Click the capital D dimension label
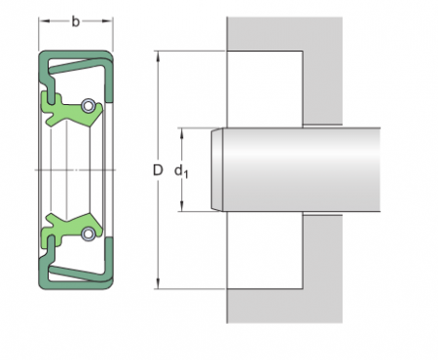[157, 170]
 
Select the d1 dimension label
[180, 171]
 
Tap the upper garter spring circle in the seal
[89, 106]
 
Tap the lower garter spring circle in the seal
[89, 233]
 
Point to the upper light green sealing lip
[60, 105]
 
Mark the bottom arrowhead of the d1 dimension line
[183, 207]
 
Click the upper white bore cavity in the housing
[265, 89]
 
